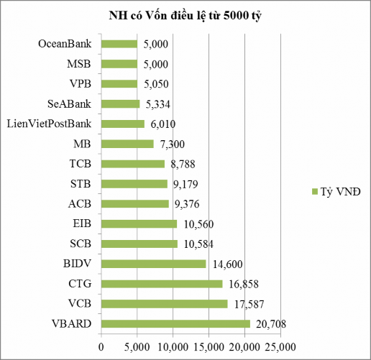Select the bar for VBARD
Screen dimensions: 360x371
tap(175, 323)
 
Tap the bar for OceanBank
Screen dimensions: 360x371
tap(119, 44)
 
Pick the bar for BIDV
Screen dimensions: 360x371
tap(154, 264)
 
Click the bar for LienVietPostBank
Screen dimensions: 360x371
tap(122, 124)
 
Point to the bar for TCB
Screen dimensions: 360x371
tap(133, 164)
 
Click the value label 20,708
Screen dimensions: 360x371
tap(270, 324)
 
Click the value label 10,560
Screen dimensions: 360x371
tap(196, 224)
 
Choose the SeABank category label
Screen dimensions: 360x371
tap(69, 104)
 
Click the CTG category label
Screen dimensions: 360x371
tap(81, 284)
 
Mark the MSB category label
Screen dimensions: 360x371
tap(79, 64)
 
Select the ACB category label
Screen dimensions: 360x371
tap(80, 204)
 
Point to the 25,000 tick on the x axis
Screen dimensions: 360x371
tap(280, 348)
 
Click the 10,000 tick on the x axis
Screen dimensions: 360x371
tap(173, 348)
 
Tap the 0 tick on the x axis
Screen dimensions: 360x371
tap(101, 348)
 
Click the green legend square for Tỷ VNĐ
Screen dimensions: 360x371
tap(314, 192)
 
